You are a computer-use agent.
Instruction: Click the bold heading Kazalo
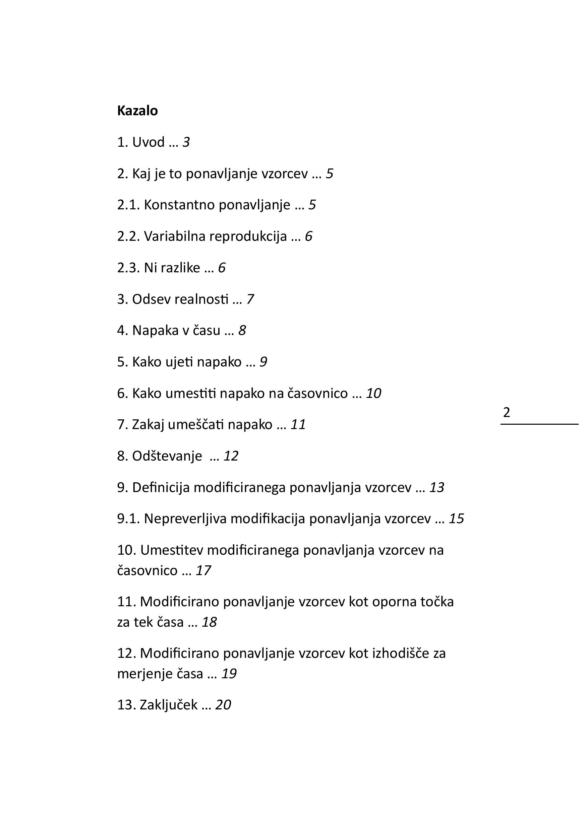coord(137,111)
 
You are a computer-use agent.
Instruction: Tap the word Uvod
coord(148,142)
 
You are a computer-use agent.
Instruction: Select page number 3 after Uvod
coord(186,142)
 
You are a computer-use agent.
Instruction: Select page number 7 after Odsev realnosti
coord(250,299)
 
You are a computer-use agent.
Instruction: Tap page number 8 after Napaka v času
coord(242,331)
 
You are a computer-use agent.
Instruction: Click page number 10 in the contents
coord(373,394)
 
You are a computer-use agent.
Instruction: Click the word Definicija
coord(161,488)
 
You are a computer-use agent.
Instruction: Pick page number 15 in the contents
coord(456,518)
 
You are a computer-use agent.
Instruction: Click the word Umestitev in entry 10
coord(172,550)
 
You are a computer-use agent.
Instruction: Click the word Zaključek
coord(168,705)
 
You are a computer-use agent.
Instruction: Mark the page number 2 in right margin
coord(506,413)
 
